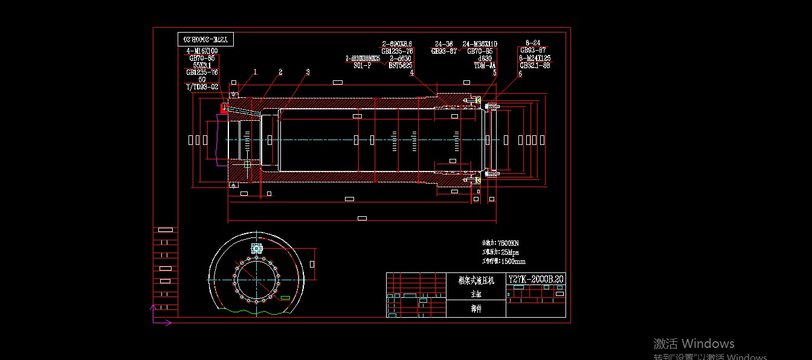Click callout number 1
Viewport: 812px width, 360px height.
[255, 72]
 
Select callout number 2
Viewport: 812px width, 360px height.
[280, 72]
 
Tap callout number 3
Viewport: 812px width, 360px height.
[308, 72]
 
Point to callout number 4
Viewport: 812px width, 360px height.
[412, 72]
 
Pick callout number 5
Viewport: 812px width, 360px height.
[494, 72]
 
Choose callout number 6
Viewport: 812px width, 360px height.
[520, 74]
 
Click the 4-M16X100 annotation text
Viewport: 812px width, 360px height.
[202, 51]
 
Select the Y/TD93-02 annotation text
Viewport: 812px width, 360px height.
[202, 87]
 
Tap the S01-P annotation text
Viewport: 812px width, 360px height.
[362, 65]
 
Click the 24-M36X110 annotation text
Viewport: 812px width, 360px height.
[480, 44]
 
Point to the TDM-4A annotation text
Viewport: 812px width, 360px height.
[485, 65]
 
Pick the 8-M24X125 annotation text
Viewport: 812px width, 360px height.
[535, 58]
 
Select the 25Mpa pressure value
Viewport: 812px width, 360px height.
[507, 252]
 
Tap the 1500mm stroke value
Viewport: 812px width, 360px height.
[511, 262]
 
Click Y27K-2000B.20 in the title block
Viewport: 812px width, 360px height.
[536, 279]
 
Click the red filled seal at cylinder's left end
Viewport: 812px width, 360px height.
[224, 109]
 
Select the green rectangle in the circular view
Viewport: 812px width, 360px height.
[285, 297]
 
